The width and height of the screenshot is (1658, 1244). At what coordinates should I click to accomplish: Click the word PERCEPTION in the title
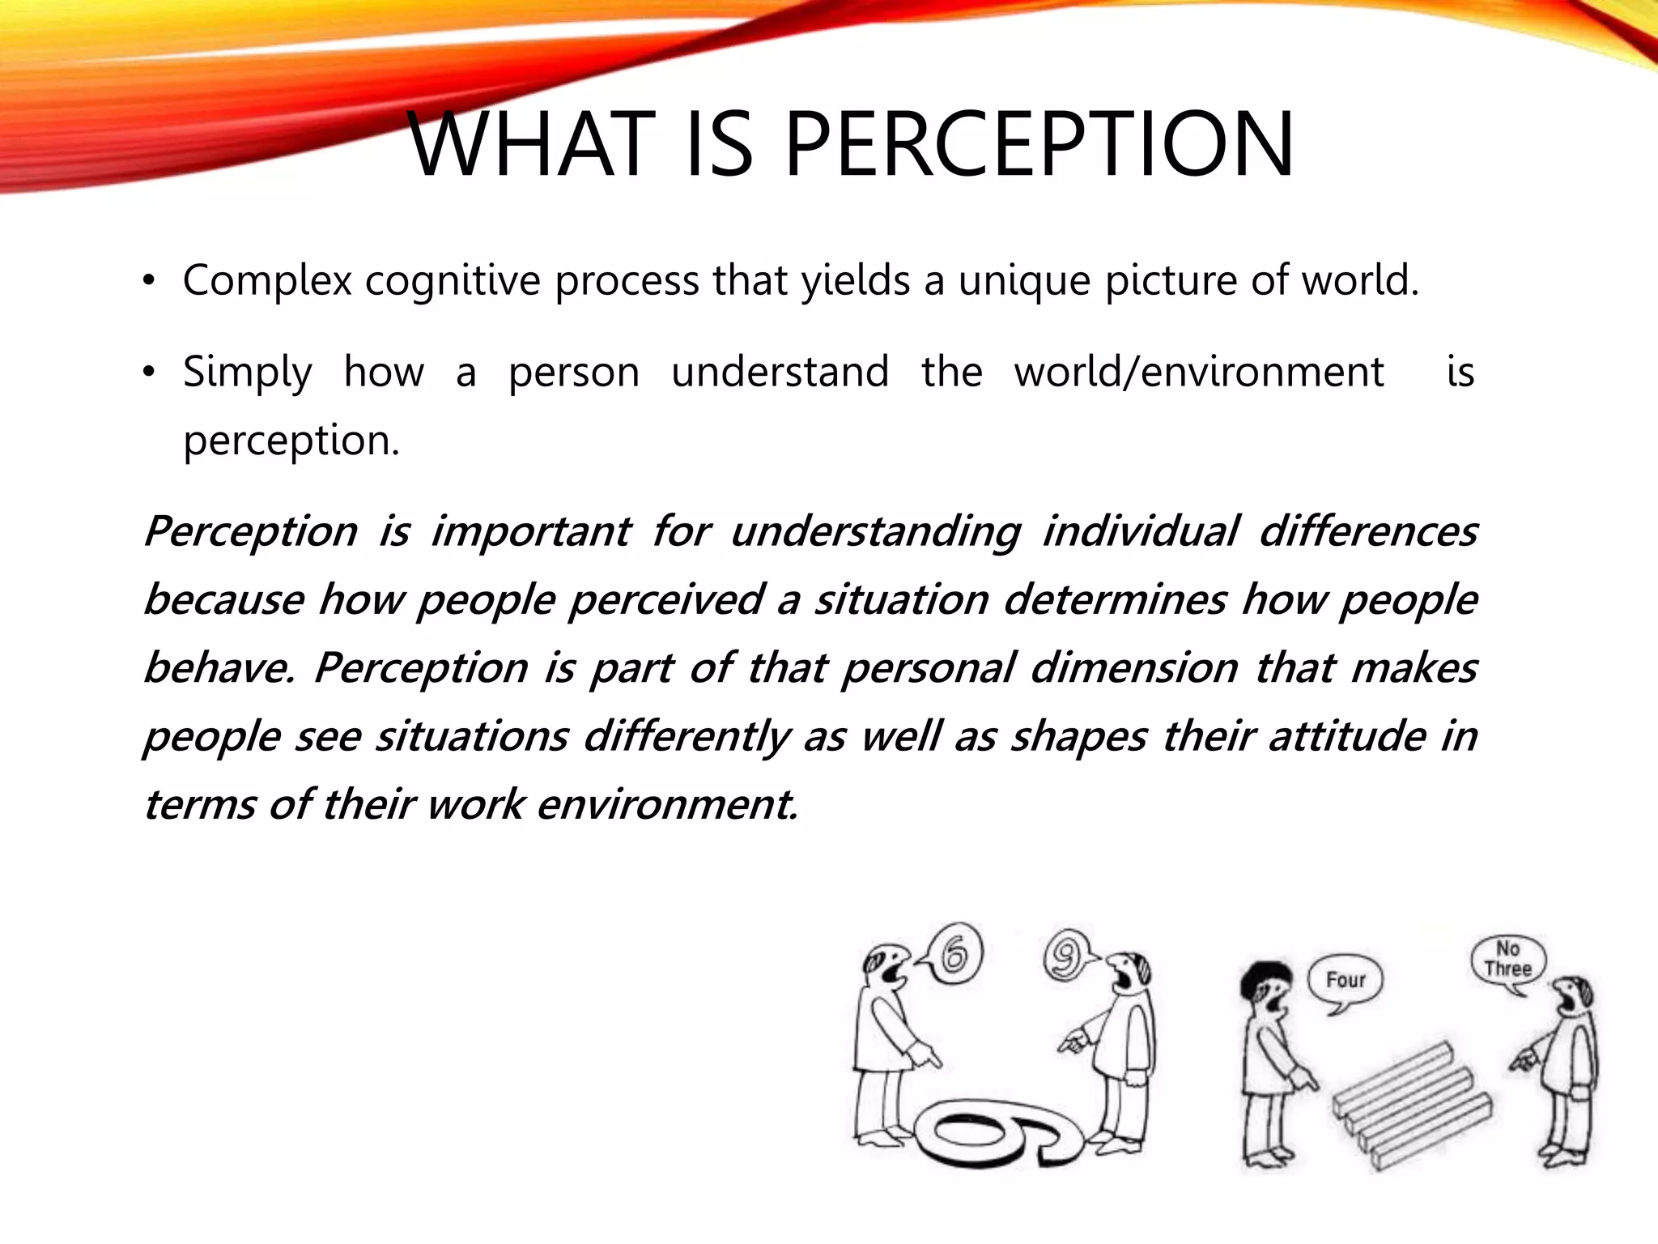click(x=1039, y=146)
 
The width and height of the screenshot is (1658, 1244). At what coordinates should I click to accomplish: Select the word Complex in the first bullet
click(x=267, y=281)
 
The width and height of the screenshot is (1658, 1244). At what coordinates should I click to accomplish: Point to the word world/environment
click(x=1199, y=372)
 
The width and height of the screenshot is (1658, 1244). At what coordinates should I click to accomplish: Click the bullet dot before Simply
click(x=147, y=373)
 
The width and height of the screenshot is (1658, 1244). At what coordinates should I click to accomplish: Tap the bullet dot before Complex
click(x=147, y=281)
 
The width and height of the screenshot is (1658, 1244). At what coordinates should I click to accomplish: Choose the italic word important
click(x=529, y=532)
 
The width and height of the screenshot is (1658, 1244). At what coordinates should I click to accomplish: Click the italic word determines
click(x=1116, y=600)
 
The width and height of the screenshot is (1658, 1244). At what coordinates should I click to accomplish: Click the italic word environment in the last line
click(x=667, y=804)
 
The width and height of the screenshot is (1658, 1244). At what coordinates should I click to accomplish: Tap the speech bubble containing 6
click(x=954, y=953)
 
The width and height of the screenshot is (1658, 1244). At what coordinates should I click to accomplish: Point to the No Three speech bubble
click(x=1507, y=961)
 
